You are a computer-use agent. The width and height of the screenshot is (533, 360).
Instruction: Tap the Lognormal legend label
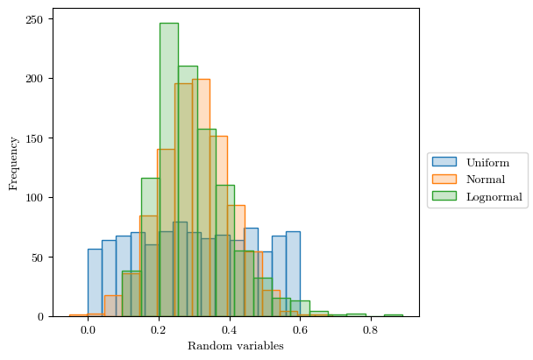tap(494, 197)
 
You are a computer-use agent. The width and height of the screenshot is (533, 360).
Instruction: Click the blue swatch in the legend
tap(445, 163)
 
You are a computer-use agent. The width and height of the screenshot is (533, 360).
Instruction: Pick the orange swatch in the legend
tap(445, 180)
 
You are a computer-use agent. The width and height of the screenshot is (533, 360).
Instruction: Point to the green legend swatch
tap(445, 197)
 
